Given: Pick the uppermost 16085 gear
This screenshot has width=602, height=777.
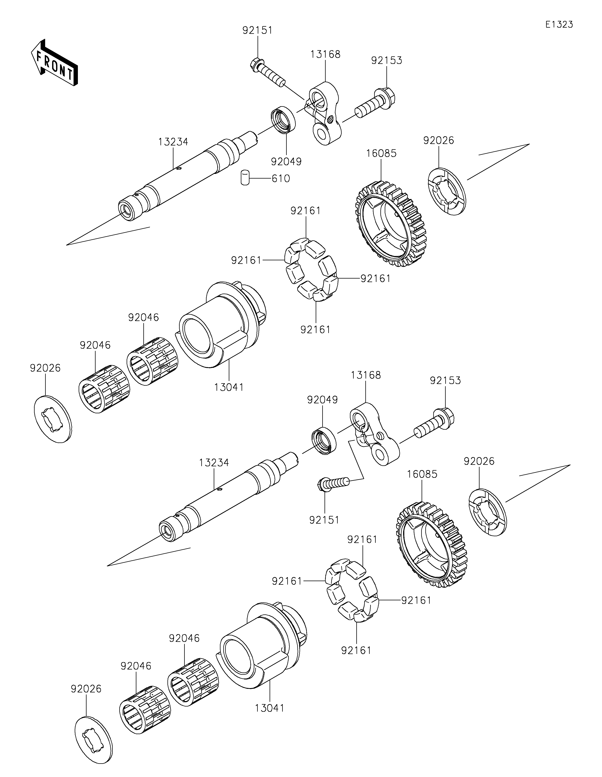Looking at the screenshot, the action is tap(391, 224).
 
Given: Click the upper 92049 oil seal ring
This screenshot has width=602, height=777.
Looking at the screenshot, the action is tap(283, 120).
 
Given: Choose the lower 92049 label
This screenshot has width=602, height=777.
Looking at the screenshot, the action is tap(322, 400).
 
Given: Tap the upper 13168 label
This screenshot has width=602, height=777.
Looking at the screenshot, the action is tap(325, 54).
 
